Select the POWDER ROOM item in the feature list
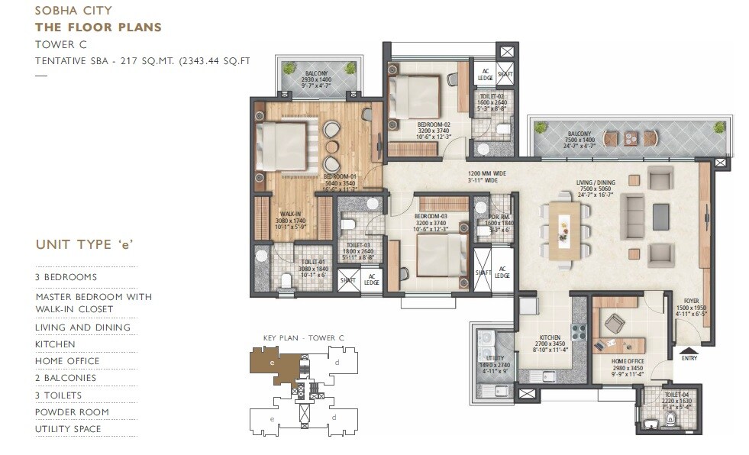tap(72, 412)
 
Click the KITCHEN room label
tap(550, 337)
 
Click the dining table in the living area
tap(565, 226)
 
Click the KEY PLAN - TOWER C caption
tap(304, 337)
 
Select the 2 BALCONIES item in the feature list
tap(66, 378)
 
